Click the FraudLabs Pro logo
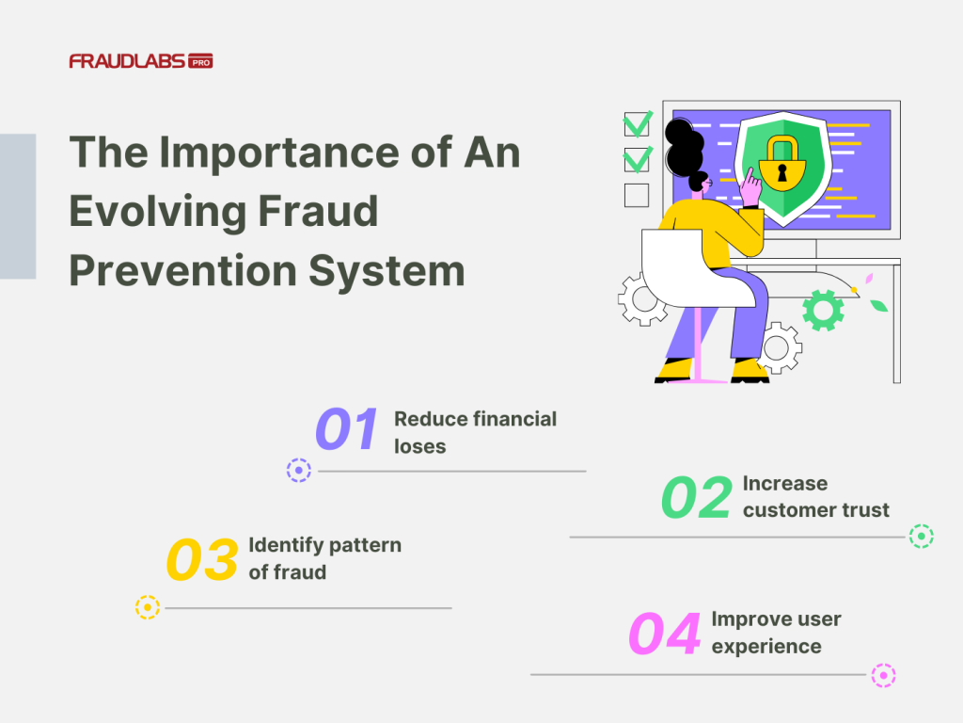pyautogui.click(x=140, y=61)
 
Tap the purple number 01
pyautogui.click(x=346, y=430)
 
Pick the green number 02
pyautogui.click(x=696, y=498)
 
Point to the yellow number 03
pyautogui.click(x=201, y=560)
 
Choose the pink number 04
pyautogui.click(x=664, y=635)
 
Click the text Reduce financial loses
pyautogui.click(x=475, y=432)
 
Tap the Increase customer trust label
pyautogui.click(x=815, y=497)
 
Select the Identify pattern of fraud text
pyautogui.click(x=324, y=558)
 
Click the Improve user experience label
pyautogui.click(x=776, y=633)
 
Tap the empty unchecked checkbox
pyautogui.click(x=637, y=195)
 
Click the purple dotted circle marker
pyautogui.click(x=298, y=471)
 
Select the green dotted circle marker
pyautogui.click(x=921, y=537)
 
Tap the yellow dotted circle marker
pyautogui.click(x=148, y=607)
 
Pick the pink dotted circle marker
pyautogui.click(x=882, y=675)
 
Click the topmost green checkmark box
pyautogui.click(x=637, y=124)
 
